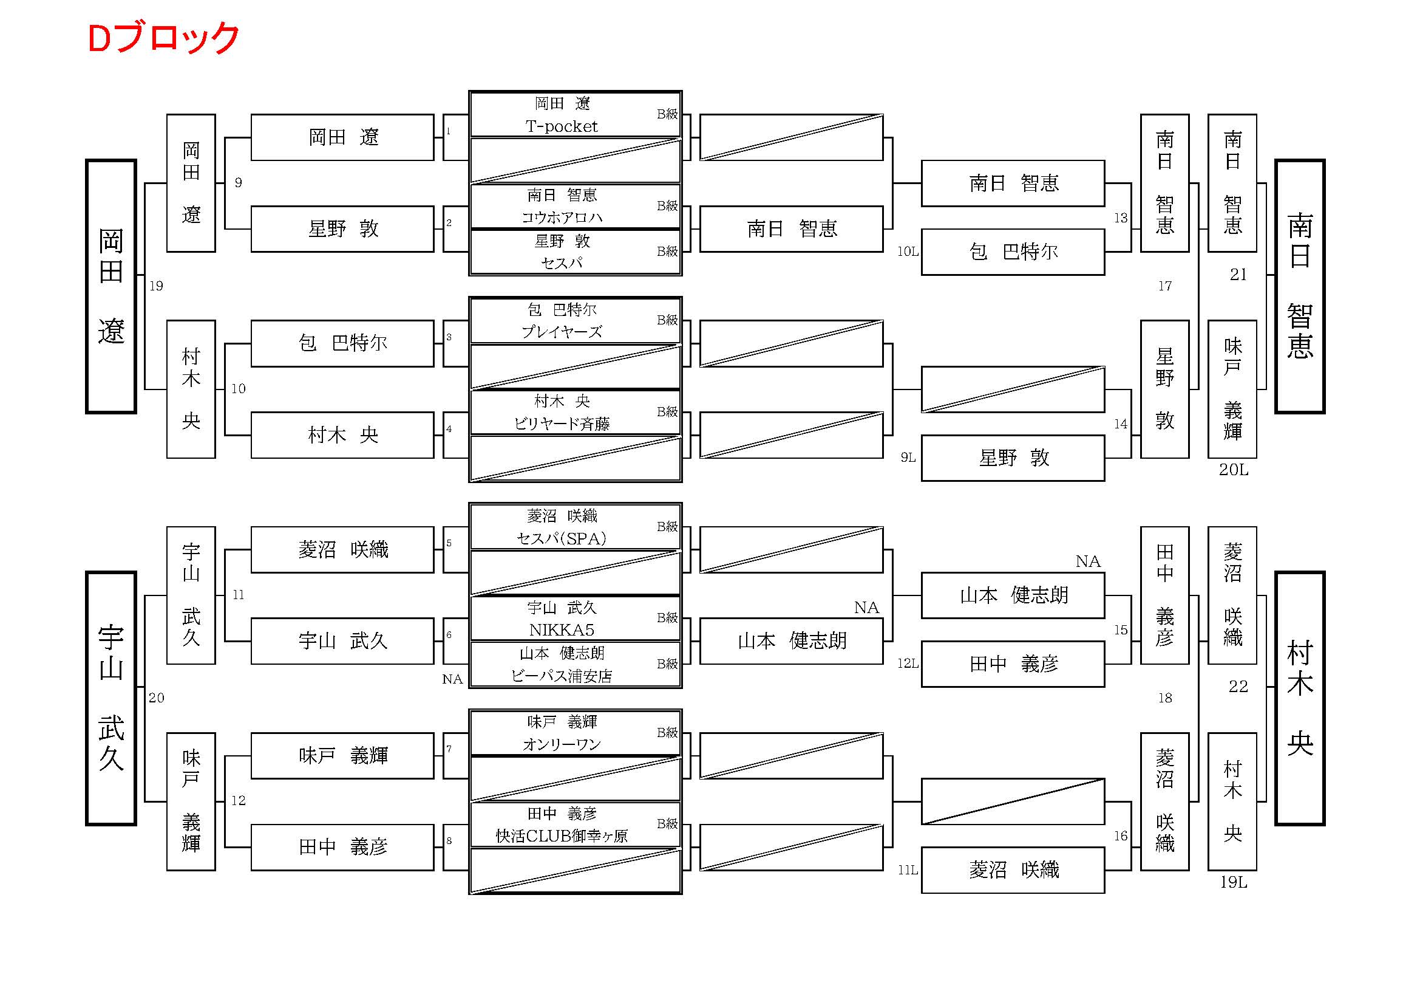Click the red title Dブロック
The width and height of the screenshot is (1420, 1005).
coord(163,38)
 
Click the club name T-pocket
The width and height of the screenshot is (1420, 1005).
coord(562,126)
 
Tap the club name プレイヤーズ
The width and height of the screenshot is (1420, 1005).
coord(562,332)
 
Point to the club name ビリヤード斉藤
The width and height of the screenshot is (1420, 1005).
coord(562,424)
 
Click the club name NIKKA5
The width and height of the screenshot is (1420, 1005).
coord(562,630)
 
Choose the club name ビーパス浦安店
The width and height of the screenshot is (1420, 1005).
coord(562,676)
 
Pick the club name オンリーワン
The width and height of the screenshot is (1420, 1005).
coord(562,744)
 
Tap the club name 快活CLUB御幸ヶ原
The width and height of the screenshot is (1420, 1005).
coord(562,836)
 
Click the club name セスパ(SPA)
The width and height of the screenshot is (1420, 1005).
coord(562,538)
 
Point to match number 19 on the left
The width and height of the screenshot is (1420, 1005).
coord(156,286)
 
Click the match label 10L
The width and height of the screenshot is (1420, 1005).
coord(908,252)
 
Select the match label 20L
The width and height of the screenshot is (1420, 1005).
coord(1233,470)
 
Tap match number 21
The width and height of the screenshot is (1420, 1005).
coord(1238,275)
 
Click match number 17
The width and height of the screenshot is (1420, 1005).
coord(1164,286)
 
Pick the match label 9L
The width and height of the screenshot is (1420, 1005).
coord(908,458)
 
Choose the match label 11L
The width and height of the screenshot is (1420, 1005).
coord(908,870)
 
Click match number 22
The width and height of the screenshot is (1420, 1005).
coord(1238,686)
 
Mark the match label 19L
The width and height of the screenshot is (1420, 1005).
coord(1233,882)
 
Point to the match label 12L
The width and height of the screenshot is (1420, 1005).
coord(908,664)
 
